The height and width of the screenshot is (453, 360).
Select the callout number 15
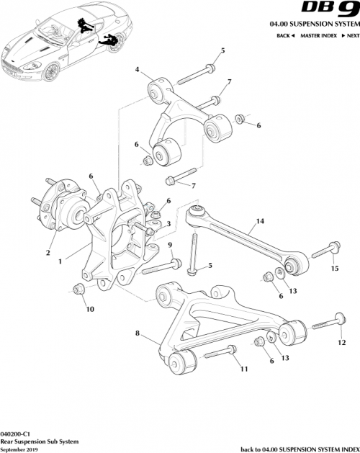click(x=333, y=269)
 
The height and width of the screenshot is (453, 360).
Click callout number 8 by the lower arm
click(x=137, y=333)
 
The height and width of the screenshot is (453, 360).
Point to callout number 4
click(x=136, y=70)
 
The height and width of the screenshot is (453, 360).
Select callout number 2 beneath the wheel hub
click(x=48, y=253)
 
